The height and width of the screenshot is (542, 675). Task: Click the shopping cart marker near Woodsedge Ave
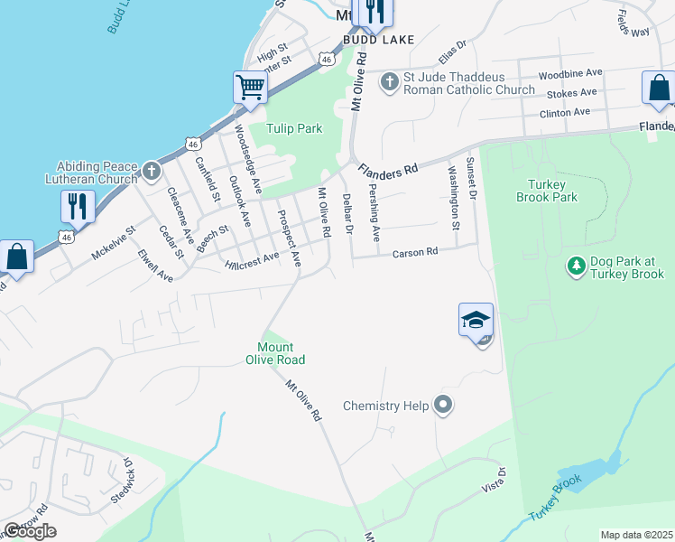(x=250, y=88)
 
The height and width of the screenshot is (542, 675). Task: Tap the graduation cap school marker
(x=476, y=320)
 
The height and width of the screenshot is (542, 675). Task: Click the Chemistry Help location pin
(x=442, y=405)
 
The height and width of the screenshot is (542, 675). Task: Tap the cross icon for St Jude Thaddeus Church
(x=390, y=82)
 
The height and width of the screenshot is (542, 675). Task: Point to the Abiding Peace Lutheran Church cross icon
(x=151, y=170)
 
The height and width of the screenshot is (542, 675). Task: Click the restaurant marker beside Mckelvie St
(x=78, y=206)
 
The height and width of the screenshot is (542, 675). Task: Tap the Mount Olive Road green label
(x=281, y=353)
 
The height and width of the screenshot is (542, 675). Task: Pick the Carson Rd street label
(x=414, y=253)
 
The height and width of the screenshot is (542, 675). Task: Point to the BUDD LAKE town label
(x=378, y=40)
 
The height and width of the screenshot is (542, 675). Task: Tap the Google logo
(x=30, y=531)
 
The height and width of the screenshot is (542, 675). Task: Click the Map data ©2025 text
(x=636, y=535)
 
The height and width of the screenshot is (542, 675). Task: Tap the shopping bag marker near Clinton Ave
(x=658, y=89)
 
